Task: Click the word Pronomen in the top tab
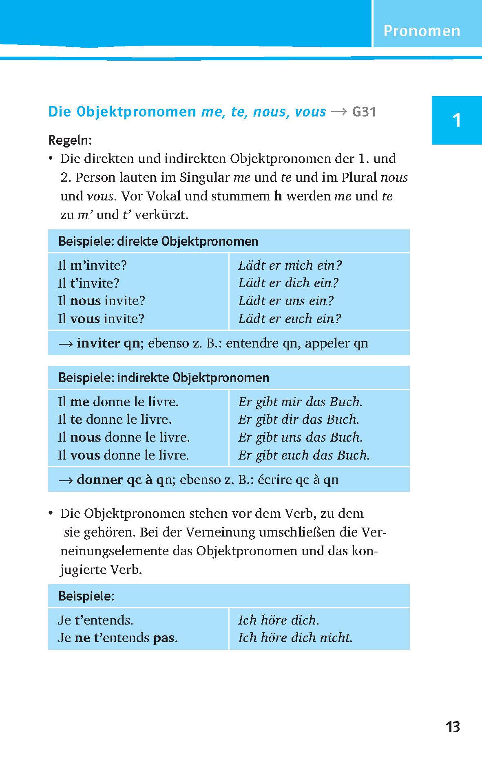coord(422,31)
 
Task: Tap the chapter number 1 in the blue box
coord(457,121)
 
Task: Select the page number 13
coord(453,726)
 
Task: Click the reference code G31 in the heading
coord(364,112)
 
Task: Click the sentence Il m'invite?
coord(93,265)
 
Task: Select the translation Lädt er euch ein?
coord(289,319)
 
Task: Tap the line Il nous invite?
coord(102,301)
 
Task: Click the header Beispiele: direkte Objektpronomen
coord(158,241)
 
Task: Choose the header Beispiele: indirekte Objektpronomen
coord(164,378)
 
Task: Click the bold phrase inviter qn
coord(108,343)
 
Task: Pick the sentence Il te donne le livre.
coord(115,419)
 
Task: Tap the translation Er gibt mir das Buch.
coord(300,402)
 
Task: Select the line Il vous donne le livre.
coord(124,455)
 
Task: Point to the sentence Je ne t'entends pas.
coord(118,637)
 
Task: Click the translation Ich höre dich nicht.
coord(295,637)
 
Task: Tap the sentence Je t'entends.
coord(96,620)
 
